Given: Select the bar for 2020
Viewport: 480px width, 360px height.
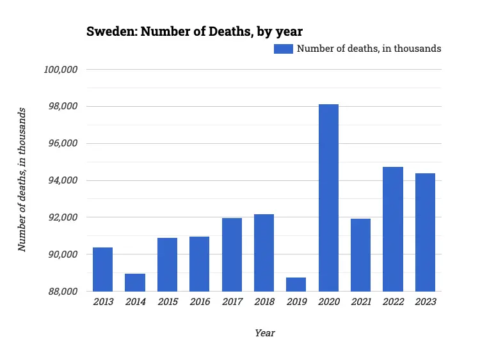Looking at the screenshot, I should pos(328,198).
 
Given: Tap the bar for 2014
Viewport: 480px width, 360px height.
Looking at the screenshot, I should pos(135,283).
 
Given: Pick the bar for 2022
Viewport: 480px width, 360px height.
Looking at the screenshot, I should pos(393,229).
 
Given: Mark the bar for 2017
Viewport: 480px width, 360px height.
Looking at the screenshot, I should pos(232,254).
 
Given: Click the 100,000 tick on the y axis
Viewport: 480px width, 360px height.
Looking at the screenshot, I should pos(60,69).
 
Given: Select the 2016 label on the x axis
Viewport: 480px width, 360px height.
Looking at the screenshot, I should pos(199,302).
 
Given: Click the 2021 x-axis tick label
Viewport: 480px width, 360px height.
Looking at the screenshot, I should pos(360,302).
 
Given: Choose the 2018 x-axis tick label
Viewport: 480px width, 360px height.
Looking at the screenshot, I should pos(264,302).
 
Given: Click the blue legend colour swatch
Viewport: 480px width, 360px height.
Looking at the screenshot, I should pos(283,49).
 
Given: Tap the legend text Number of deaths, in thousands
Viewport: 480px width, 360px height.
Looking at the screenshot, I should pos(369,49).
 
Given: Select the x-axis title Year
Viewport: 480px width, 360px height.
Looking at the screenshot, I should pos(265,333).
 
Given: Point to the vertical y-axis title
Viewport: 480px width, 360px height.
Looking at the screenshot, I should pos(22,180).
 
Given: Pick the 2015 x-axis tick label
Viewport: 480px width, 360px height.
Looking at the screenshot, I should pos(167,302).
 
